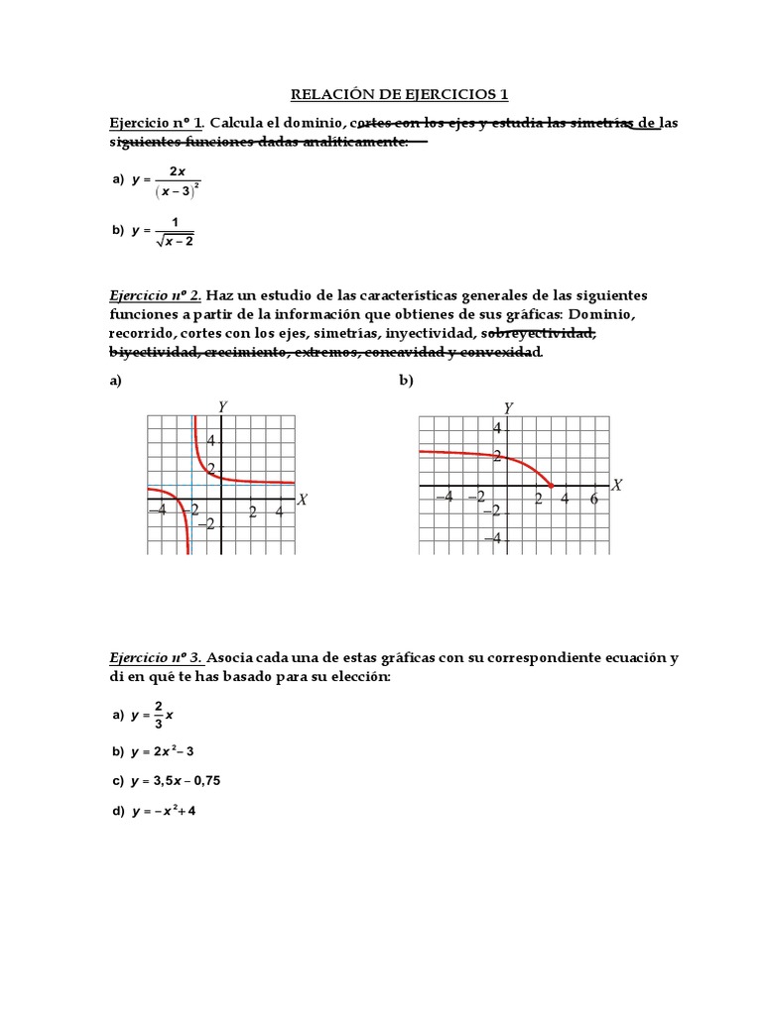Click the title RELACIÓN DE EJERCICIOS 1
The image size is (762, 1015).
tap(398, 95)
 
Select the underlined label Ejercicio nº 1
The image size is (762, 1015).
tap(156, 123)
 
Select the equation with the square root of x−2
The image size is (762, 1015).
tap(165, 230)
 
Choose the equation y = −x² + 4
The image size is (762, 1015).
tap(164, 812)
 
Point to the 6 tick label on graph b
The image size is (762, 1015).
tap(593, 499)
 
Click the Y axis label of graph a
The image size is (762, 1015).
tap(222, 406)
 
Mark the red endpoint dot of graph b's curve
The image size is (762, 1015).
tap(551, 485)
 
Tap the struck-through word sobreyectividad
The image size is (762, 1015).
tap(537, 333)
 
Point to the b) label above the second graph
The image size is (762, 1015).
tap(406, 382)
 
